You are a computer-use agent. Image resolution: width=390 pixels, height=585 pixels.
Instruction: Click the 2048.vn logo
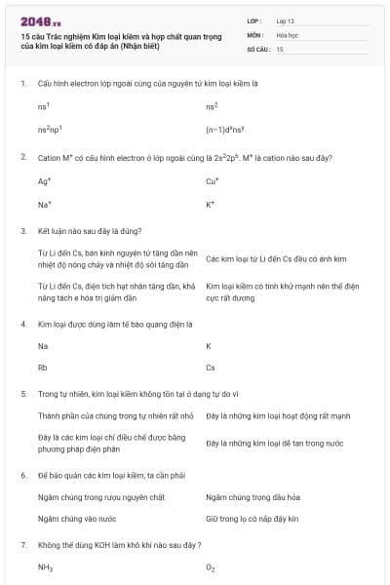40,21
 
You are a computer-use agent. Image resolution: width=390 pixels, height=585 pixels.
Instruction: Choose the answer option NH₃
45,566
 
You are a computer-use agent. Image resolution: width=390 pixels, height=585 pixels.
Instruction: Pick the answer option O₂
211,566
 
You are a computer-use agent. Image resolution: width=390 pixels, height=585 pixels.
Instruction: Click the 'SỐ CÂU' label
257,48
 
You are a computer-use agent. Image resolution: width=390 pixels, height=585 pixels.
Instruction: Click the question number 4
22,323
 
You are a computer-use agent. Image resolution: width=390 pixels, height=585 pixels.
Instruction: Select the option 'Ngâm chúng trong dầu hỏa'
252,496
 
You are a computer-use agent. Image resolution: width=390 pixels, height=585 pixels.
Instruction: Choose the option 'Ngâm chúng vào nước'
76,519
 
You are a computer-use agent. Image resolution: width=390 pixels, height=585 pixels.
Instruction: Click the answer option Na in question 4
43,345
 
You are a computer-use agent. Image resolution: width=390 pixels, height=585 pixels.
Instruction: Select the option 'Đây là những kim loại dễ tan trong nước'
274,443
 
